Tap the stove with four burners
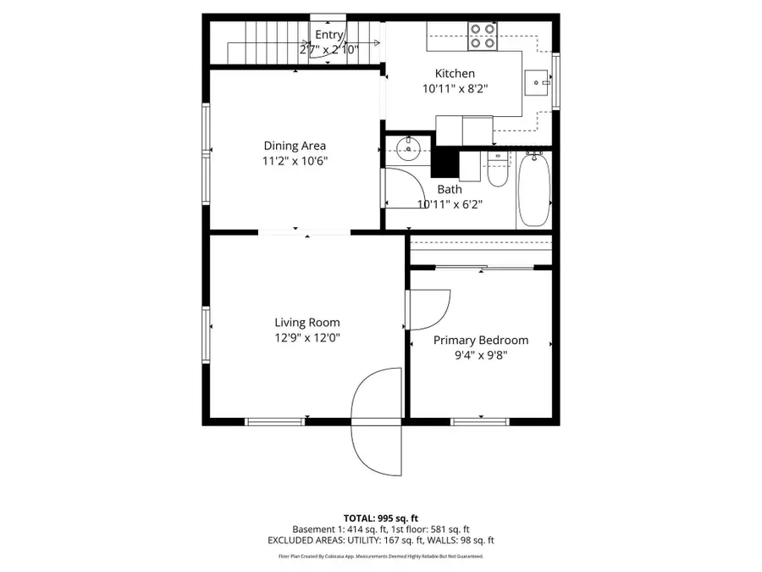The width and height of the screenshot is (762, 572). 483,35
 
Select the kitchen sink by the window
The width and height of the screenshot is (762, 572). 537,82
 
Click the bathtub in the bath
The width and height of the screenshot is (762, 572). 533,190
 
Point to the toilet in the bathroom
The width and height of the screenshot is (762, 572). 497,169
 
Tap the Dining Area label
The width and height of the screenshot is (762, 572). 295,146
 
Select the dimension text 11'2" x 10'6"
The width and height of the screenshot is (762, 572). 295,161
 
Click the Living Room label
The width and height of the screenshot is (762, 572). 306,322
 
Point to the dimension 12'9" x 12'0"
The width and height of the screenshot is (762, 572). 306,337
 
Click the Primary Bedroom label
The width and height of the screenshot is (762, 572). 481,340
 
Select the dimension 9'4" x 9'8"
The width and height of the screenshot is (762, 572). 481,355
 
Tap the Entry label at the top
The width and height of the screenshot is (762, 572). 329,35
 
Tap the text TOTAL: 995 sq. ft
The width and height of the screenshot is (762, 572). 380,517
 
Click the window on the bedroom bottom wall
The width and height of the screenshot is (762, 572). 479,420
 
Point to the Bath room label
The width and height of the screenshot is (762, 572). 450,190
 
